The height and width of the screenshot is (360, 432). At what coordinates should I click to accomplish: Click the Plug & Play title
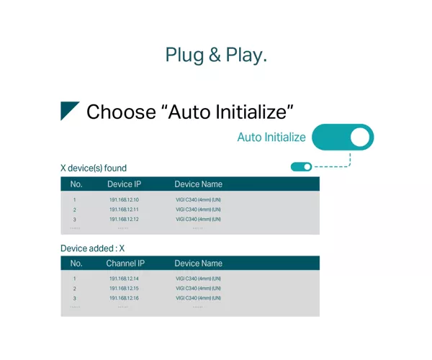click(216, 55)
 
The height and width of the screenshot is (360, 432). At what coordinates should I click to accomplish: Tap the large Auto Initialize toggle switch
click(343, 138)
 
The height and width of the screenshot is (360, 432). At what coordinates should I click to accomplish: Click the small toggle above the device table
click(301, 166)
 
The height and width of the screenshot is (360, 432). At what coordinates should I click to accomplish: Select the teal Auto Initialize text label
click(271, 138)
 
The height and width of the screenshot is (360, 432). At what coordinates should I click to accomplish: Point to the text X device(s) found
click(94, 168)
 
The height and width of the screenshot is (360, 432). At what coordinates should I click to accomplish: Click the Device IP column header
click(124, 184)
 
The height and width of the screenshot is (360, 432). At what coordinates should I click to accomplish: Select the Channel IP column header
click(125, 264)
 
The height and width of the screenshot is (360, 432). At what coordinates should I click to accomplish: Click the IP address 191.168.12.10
click(124, 199)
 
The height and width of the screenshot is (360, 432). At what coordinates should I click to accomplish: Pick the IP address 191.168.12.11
click(124, 210)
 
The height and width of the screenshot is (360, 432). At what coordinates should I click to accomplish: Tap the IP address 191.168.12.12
click(124, 220)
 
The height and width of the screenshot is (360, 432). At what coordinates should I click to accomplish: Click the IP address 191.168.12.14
click(124, 279)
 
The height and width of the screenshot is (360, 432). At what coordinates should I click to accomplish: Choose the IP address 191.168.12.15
click(124, 289)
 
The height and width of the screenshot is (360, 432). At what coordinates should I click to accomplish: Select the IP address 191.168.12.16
click(124, 298)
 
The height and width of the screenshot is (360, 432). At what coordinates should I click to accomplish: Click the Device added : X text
click(93, 248)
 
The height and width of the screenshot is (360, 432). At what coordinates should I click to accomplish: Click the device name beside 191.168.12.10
click(199, 199)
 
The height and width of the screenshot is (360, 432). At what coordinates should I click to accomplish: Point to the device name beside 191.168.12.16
click(199, 298)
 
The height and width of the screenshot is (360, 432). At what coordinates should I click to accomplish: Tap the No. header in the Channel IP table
click(76, 264)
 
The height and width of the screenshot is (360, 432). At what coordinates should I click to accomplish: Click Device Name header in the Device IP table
click(199, 184)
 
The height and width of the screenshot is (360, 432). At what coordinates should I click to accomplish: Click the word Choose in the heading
click(121, 112)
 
